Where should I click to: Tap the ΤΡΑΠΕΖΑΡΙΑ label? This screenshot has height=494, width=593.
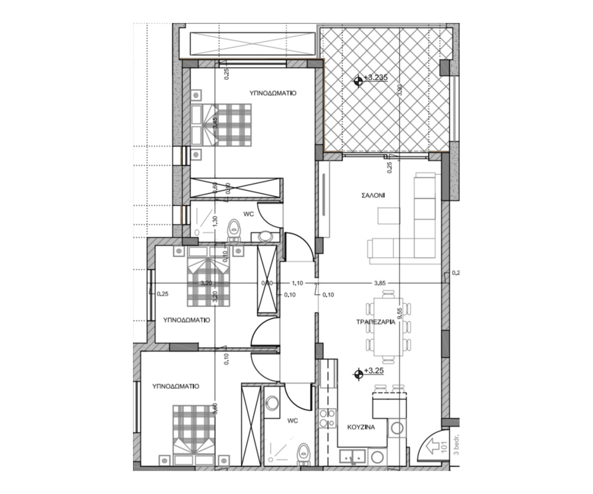tap(376, 323)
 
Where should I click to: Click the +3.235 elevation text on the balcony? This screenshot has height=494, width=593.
tap(376, 78)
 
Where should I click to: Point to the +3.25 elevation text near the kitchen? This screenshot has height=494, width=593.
tap(374, 371)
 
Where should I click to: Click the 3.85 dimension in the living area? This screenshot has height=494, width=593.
tap(379, 283)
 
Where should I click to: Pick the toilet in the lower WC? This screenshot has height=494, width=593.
tap(303, 453)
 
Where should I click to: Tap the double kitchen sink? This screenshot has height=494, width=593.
tap(353, 456)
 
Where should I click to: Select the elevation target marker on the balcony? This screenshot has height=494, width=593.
tap(358, 82)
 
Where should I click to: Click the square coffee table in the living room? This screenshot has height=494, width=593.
tap(388, 216)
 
